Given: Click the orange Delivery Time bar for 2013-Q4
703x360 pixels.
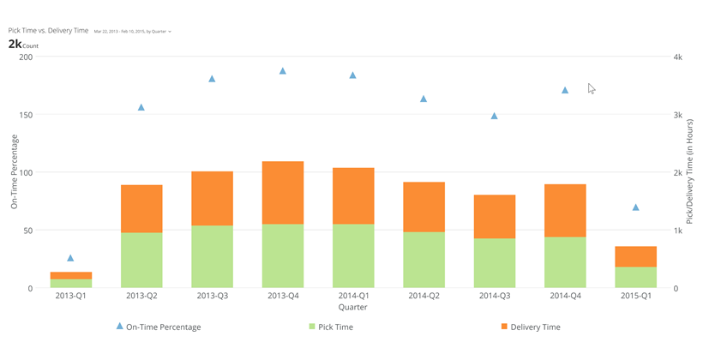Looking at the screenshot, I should pos(283,193).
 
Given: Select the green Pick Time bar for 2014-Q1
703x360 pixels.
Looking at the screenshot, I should pos(353,255).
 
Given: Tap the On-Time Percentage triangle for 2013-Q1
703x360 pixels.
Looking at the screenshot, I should pos(71,257).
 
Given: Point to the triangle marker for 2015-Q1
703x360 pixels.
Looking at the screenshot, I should pos(635,207).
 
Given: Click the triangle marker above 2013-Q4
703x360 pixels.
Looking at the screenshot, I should pos(283,70).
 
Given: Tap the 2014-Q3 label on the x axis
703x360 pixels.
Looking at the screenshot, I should pos(494,295).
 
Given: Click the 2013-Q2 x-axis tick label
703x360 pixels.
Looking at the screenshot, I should pos(141,295).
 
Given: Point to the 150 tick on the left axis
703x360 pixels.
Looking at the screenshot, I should pos(25,115).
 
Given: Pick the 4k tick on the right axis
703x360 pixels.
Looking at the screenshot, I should pos(677,57).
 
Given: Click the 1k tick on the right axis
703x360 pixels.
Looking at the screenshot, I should pos(677,231).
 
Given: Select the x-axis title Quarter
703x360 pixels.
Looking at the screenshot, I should pos(352,306).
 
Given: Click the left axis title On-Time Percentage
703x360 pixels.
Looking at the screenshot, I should pos(15,172).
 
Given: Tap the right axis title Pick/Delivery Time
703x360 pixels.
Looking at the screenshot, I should pos(689,172).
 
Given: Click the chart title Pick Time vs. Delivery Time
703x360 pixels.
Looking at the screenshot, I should pos(48,31).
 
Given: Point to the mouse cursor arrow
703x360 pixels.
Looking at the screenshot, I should pos(591,87).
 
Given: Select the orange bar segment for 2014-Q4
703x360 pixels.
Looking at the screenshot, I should pos(565,210).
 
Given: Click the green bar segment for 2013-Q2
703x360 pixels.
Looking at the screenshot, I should pos(141,260).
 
